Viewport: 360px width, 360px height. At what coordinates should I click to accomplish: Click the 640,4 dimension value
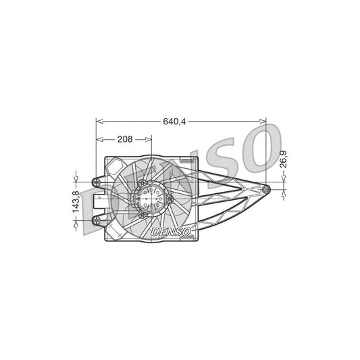174,122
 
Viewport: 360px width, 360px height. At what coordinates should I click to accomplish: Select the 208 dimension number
124,139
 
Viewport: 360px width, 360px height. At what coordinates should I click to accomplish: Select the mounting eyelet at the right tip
267,189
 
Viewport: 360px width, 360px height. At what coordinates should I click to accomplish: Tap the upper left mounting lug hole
97,181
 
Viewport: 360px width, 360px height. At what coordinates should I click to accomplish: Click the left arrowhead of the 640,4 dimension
99,122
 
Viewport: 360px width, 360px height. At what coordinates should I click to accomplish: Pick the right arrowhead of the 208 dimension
149,139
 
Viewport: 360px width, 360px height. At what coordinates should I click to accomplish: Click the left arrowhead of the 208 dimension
99,139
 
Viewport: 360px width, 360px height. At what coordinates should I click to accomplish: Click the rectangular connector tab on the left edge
99,201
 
